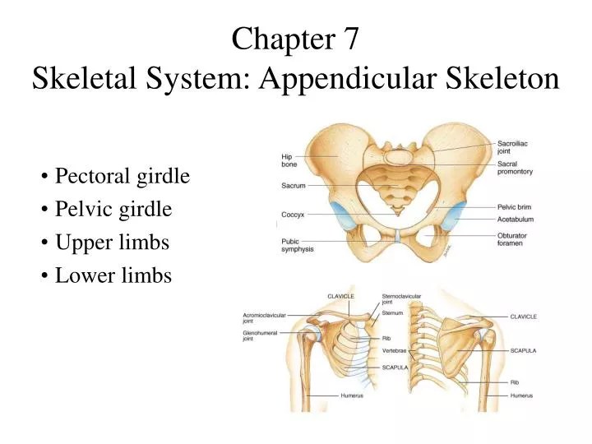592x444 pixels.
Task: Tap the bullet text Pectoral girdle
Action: [122, 176]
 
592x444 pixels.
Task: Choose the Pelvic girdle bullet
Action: [113, 209]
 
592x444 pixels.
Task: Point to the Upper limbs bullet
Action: [111, 243]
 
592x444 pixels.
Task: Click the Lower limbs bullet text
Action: [113, 275]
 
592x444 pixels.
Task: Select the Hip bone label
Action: [288, 160]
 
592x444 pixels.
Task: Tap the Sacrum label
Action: [294, 186]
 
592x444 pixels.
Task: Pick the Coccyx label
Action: [293, 215]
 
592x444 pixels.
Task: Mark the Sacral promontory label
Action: [515, 168]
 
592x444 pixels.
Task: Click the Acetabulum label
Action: [516, 220]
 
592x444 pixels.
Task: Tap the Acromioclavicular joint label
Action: [263, 317]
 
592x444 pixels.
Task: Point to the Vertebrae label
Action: [395, 351]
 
